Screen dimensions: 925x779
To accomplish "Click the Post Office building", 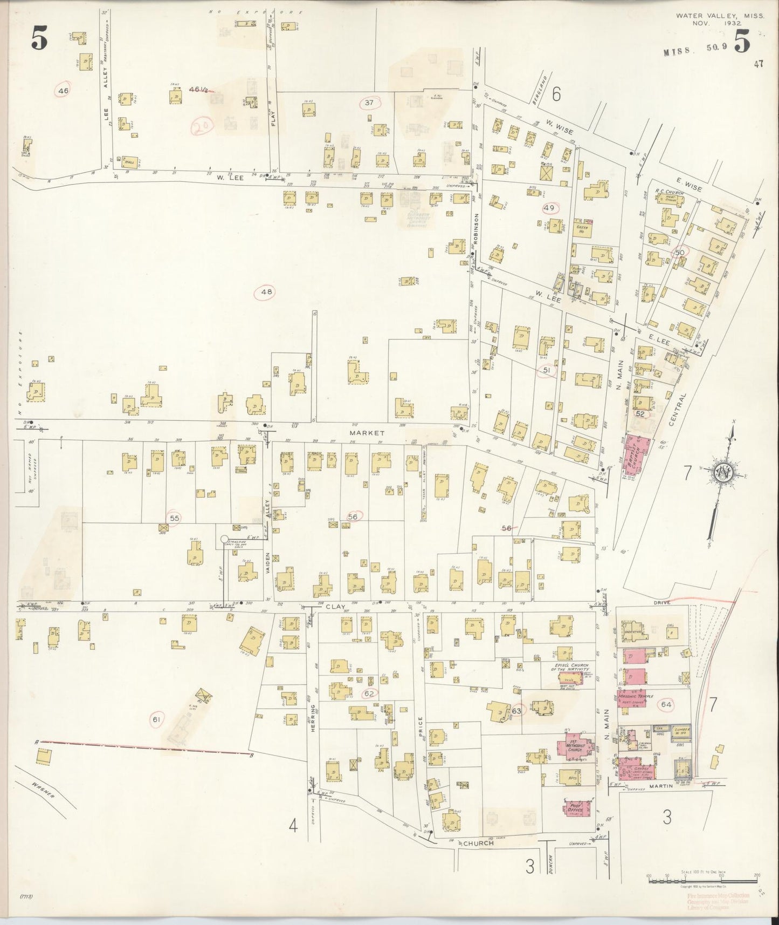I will click(x=578, y=811).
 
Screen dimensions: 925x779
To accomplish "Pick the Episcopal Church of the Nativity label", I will click(x=573, y=668).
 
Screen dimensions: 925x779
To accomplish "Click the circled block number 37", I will click(x=369, y=103).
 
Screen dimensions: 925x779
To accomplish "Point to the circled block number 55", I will click(x=174, y=518).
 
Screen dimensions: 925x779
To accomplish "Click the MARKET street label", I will click(x=366, y=433).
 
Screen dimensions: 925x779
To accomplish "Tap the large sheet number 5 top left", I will click(x=38, y=39).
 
